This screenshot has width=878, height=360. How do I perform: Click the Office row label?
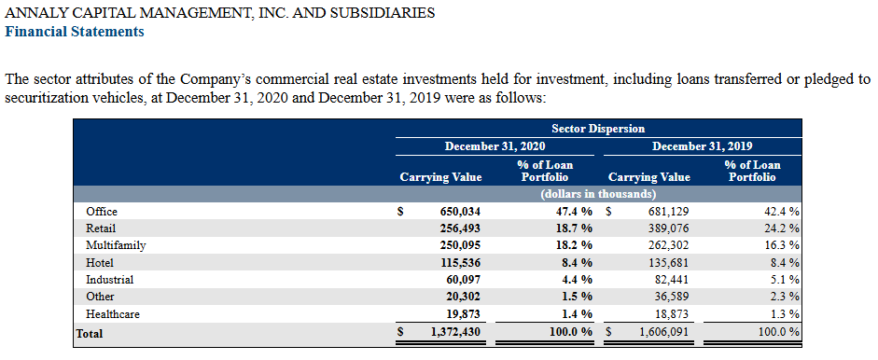click(102, 212)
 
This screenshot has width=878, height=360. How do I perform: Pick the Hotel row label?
click(100, 263)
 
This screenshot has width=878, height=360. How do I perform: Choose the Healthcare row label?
click(113, 314)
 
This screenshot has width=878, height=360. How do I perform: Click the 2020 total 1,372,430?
click(455, 333)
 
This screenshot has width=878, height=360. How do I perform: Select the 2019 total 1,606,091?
click(664, 333)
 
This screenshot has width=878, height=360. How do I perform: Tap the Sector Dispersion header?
click(598, 129)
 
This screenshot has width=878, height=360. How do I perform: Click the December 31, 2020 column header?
click(495, 146)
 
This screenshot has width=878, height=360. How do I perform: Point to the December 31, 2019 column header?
click(703, 146)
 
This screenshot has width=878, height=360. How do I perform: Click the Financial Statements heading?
click(74, 32)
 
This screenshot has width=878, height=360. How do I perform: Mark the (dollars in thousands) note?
click(598, 194)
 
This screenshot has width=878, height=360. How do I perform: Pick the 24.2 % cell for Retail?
click(782, 228)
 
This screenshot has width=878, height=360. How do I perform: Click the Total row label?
click(90, 334)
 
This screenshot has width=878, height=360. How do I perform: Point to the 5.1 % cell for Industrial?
click(785, 280)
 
